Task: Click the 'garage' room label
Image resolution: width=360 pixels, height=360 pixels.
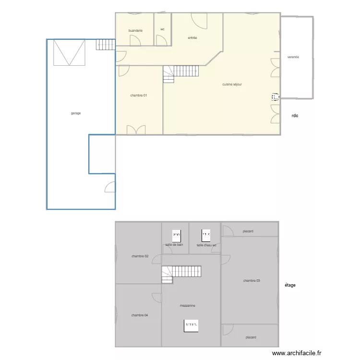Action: [x=75, y=113]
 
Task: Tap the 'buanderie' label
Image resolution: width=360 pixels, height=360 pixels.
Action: [x=135, y=31]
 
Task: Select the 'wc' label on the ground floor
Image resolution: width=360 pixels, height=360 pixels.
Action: [x=162, y=29]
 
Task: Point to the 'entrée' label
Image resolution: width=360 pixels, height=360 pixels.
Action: [x=192, y=38]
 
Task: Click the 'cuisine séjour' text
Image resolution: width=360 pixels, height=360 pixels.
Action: [x=232, y=84]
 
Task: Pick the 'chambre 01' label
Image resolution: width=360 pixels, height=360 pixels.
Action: [x=138, y=96]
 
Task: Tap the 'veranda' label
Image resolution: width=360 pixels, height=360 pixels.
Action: [x=293, y=57]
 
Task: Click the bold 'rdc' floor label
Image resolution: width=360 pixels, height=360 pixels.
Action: [x=295, y=116]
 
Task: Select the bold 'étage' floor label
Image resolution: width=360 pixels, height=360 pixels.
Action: [x=290, y=285]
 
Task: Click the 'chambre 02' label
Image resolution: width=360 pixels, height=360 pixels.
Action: [x=140, y=256]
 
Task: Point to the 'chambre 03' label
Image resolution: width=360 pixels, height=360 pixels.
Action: [x=252, y=281]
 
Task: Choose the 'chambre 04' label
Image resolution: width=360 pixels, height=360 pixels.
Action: [x=139, y=315]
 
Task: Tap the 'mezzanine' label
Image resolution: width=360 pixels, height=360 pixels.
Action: [x=188, y=306]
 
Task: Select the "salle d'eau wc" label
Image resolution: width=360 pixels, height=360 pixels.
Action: [x=206, y=245]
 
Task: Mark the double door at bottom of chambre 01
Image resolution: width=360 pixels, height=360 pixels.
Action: [x=136, y=130]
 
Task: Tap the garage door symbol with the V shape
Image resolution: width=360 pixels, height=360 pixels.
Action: [x=69, y=52]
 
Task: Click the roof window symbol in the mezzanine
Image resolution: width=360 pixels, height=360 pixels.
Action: [x=191, y=325]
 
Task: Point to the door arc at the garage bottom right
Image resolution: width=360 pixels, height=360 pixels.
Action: [x=110, y=187]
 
